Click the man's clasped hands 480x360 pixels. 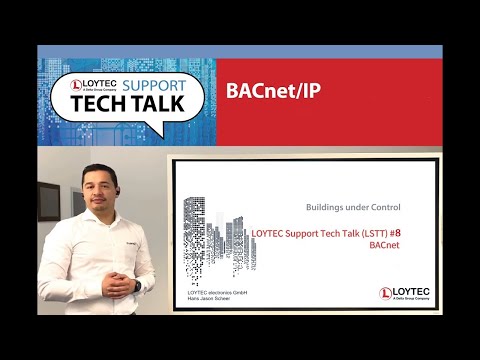128,284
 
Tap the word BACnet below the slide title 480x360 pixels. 385,244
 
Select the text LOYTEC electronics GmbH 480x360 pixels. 216,291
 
